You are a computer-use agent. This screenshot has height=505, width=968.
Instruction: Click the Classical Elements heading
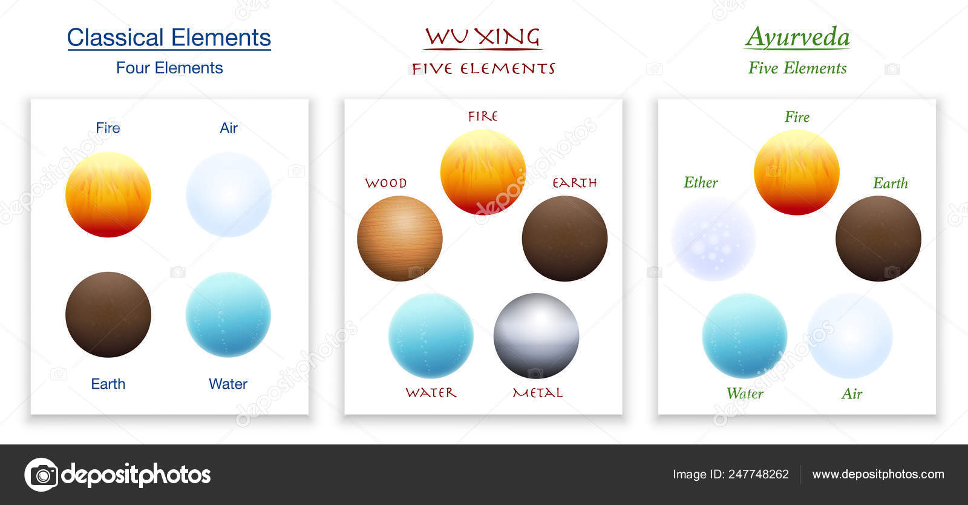(169, 38)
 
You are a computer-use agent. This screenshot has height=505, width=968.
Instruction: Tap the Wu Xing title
(482, 37)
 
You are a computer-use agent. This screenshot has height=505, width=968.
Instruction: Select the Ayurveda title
(797, 38)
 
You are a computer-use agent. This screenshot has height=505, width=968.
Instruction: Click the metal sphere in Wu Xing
(536, 336)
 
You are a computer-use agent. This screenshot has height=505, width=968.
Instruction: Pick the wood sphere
(400, 239)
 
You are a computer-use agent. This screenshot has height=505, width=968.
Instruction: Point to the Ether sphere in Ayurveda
(713, 239)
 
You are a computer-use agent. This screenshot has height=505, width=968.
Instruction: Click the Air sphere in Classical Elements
(229, 194)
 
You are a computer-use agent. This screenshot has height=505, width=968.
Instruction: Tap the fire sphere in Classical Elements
(108, 194)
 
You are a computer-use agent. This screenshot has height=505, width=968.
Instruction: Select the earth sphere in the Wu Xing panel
(564, 239)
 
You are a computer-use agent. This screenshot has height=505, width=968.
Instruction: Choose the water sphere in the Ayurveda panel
(745, 336)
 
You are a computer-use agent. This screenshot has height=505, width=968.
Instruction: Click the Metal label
(538, 393)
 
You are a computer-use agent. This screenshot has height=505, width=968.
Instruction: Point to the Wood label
(386, 183)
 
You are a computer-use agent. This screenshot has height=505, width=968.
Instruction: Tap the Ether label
(701, 182)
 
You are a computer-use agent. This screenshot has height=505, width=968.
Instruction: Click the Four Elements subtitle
(169, 68)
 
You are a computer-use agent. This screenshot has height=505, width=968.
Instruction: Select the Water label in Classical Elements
(228, 384)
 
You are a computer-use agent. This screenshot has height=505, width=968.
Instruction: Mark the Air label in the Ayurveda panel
(852, 394)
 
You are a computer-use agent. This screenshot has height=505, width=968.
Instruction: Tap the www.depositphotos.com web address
(878, 474)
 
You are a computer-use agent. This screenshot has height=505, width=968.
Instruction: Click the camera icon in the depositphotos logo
(41, 475)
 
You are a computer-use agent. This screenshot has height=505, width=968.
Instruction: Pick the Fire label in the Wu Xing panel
(483, 116)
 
